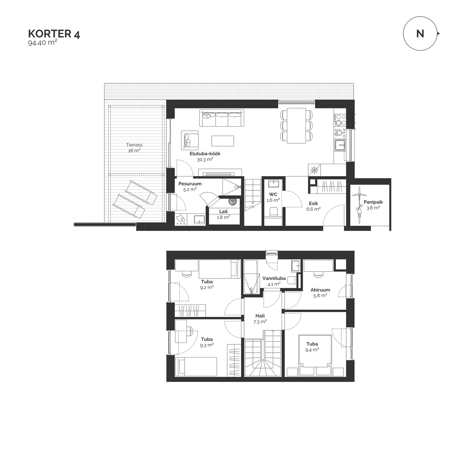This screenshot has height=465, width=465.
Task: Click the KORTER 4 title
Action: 54,34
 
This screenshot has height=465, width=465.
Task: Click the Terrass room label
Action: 134,145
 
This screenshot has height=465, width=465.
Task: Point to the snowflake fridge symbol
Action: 314,170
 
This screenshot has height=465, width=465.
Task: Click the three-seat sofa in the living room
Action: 222,118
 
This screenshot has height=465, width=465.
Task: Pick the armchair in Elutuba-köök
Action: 190,140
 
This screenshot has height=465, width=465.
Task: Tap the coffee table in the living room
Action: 223,141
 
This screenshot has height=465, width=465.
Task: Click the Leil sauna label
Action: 223,212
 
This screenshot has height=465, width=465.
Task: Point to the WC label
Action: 273,194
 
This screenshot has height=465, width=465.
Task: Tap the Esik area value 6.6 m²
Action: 313,209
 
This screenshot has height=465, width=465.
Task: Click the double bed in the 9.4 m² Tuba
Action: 315,355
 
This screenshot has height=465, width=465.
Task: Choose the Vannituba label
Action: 274,278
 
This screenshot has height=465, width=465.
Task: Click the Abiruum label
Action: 320,290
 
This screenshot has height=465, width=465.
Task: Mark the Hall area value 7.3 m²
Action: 260,322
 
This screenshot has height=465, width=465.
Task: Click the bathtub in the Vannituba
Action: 251,277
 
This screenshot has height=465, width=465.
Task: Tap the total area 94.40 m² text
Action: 43,43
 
